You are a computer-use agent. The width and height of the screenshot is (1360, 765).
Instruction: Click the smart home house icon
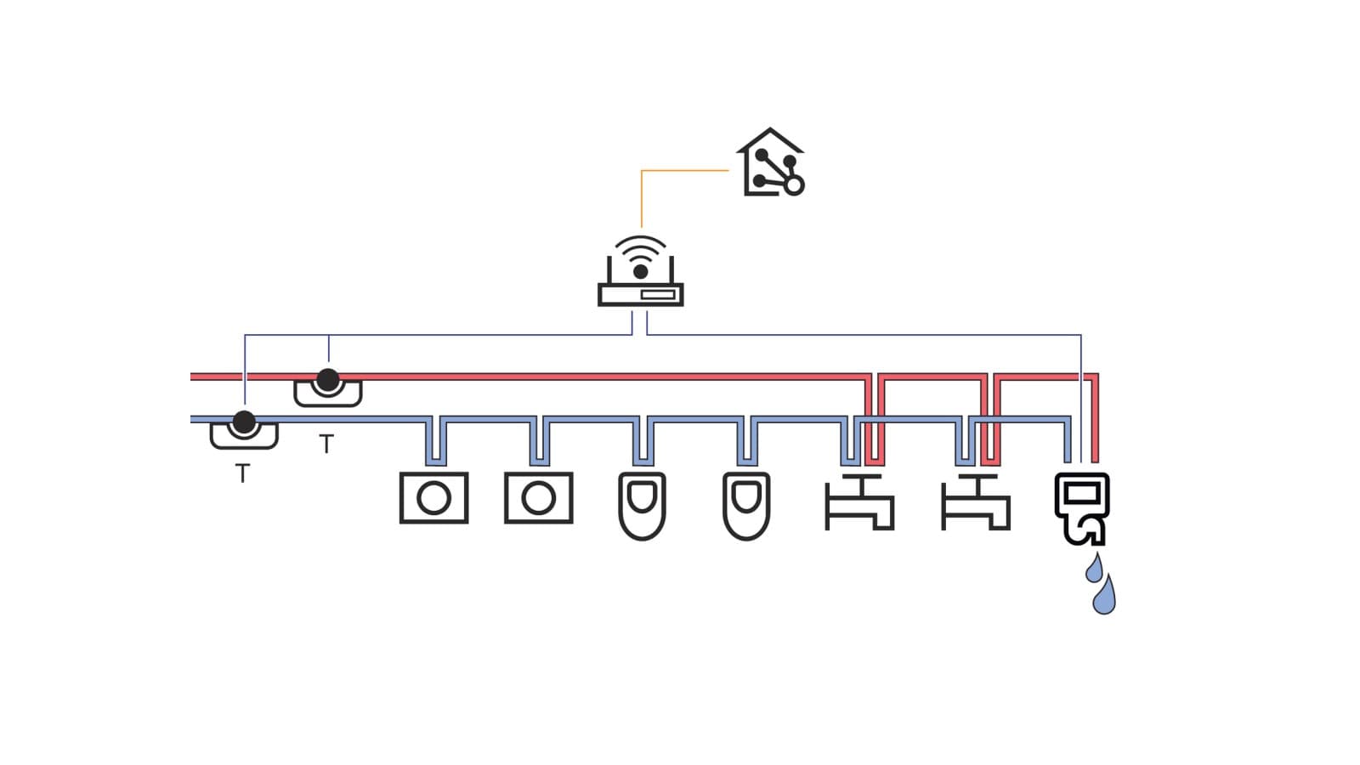pyautogui.click(x=770, y=163)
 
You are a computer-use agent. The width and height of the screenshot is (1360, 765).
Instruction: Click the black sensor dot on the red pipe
pyautogui.click(x=327, y=379)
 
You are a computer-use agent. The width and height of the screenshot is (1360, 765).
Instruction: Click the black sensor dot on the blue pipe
pyautogui.click(x=244, y=421)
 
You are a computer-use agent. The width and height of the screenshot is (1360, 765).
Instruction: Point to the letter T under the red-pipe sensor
pyautogui.click(x=326, y=444)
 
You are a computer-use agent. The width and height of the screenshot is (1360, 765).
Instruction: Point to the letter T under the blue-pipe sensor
pyautogui.click(x=243, y=473)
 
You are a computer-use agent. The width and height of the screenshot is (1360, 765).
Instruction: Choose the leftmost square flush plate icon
pyautogui.click(x=433, y=498)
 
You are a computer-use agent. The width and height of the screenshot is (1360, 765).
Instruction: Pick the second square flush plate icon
pyautogui.click(x=538, y=498)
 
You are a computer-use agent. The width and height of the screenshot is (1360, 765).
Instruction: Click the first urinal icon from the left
pyautogui.click(x=642, y=506)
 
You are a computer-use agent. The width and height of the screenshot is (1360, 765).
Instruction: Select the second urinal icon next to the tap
pyautogui.click(x=746, y=506)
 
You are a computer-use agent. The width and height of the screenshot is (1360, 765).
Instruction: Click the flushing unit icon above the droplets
pyautogui.click(x=1081, y=507)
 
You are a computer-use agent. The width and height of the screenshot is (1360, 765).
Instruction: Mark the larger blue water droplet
pyautogui.click(x=1104, y=597)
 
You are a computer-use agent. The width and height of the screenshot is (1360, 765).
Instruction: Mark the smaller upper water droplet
pyautogui.click(x=1095, y=569)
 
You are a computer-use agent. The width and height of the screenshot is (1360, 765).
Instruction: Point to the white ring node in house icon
pyautogui.click(x=794, y=184)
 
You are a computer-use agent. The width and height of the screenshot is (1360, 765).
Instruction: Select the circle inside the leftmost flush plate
pyautogui.click(x=433, y=498)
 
